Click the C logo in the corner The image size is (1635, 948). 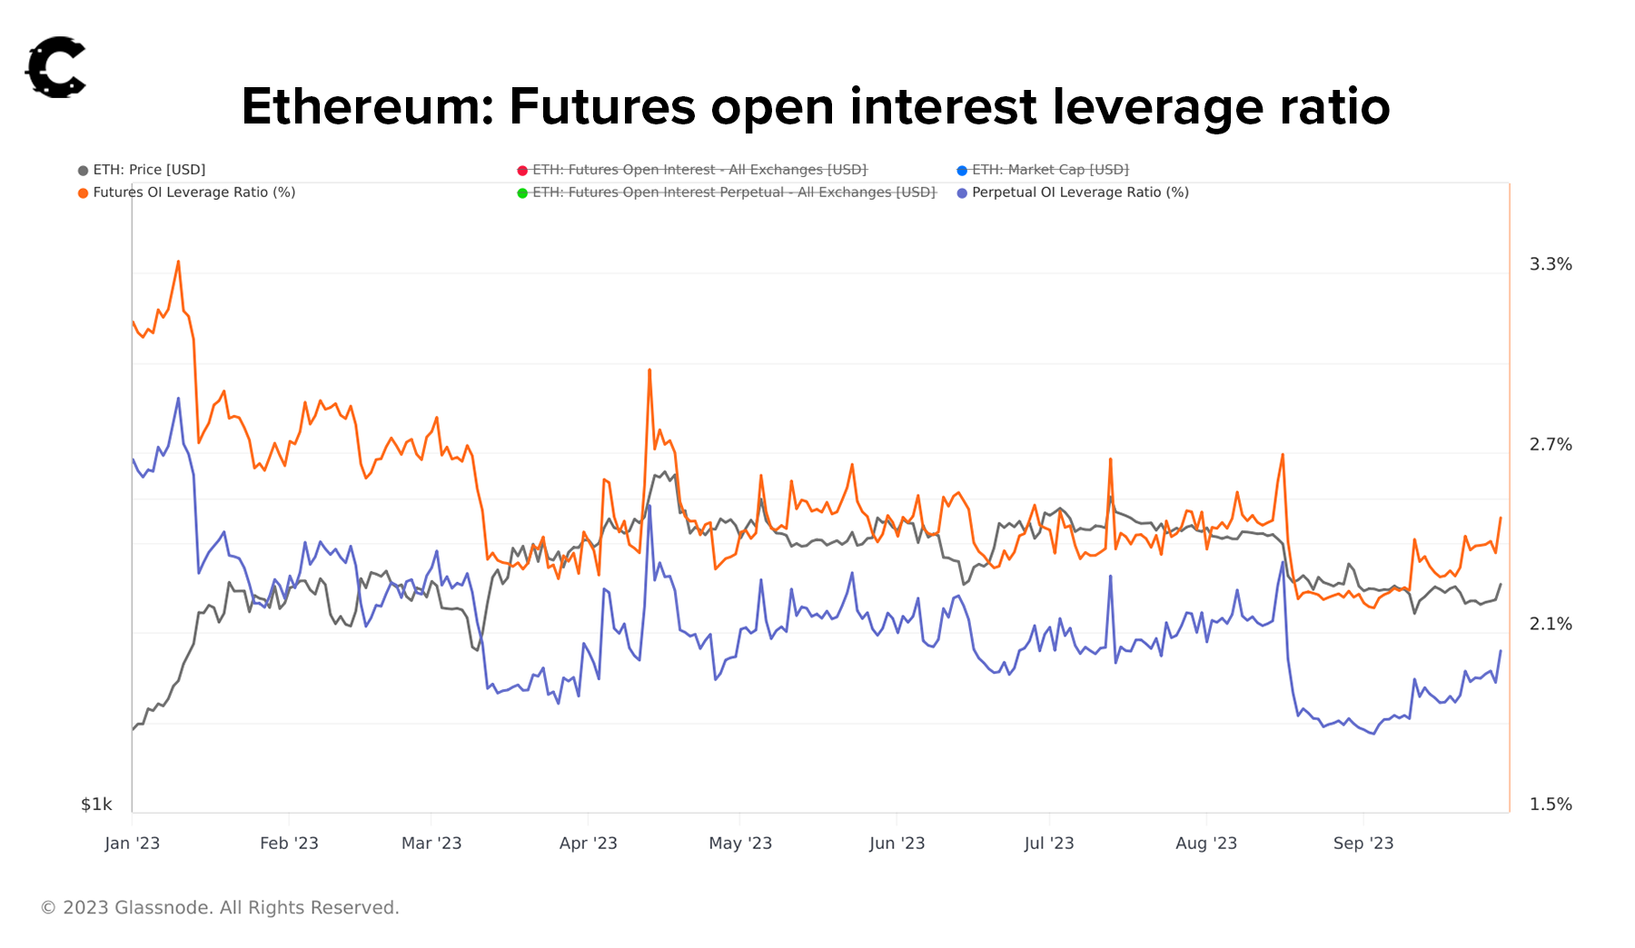tap(55, 67)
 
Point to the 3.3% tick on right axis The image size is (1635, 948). tap(1550, 264)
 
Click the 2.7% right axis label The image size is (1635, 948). tap(1550, 444)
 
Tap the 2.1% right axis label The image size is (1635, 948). tap(1550, 624)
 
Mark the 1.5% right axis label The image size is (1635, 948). tap(1550, 805)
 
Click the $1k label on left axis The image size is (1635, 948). tap(96, 805)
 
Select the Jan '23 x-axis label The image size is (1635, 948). tap(132, 844)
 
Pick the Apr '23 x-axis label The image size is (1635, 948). tap(588, 844)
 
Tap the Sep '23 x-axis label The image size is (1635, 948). tap(1362, 844)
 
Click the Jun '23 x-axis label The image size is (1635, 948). tap(897, 844)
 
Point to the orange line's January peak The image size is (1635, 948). tap(178, 262)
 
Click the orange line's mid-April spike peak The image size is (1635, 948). tap(649, 370)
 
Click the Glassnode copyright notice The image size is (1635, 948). tap(220, 908)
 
